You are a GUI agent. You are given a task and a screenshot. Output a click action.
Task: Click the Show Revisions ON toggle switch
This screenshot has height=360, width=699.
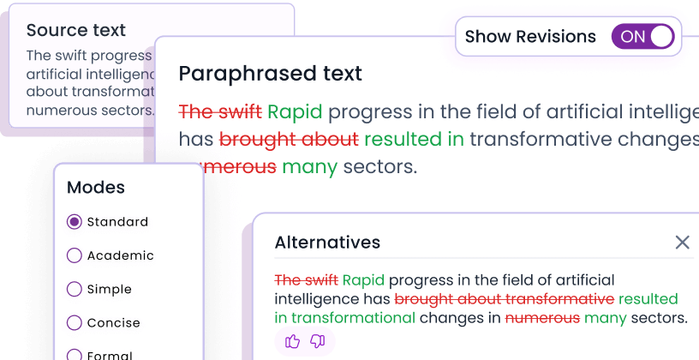(x=642, y=37)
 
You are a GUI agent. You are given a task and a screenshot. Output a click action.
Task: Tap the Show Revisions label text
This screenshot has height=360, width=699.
(x=530, y=37)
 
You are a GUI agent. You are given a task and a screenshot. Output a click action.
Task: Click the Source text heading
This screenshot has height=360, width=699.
(x=75, y=31)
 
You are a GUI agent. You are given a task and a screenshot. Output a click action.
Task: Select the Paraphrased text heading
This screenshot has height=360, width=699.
(x=270, y=74)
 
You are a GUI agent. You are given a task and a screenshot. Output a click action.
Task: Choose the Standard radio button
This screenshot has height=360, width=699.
(x=75, y=222)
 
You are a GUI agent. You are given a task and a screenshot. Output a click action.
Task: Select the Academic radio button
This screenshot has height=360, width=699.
(x=75, y=255)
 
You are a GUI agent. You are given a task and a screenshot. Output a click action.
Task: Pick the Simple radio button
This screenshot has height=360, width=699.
(x=75, y=289)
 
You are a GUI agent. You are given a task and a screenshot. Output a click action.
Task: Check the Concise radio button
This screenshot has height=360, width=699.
(x=75, y=323)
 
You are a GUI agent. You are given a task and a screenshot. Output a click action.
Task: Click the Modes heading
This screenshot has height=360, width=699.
(x=96, y=188)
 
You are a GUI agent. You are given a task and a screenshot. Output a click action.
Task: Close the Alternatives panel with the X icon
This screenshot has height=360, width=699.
(x=682, y=243)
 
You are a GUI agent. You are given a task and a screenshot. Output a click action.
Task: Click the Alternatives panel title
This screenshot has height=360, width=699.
(x=327, y=243)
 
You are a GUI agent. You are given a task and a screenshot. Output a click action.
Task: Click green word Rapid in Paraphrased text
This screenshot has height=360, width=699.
(x=295, y=112)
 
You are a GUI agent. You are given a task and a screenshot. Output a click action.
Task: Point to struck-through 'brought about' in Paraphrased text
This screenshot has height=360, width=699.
(x=289, y=139)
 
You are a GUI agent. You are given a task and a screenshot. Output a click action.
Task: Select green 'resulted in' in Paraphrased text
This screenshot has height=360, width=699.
(x=414, y=139)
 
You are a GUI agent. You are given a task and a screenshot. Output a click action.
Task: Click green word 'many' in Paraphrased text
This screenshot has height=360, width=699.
(x=309, y=166)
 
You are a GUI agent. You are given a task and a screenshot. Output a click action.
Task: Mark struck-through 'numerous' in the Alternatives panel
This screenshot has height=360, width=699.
(x=542, y=318)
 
